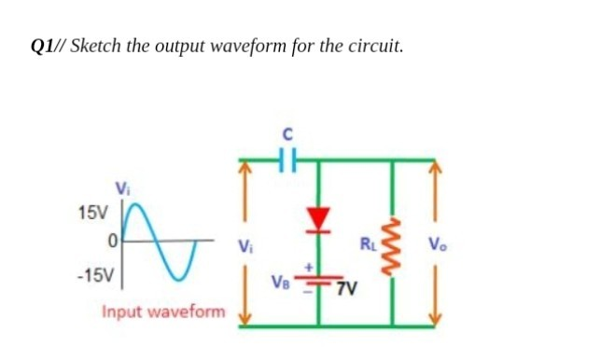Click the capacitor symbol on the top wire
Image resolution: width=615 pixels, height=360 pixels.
tap(287, 159)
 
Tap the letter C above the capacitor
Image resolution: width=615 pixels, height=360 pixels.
tap(287, 134)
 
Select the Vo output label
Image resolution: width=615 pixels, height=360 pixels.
tap(436, 246)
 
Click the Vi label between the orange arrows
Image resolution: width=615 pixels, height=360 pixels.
tap(245, 247)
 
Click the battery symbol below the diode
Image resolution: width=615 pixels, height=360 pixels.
tap(319, 277)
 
